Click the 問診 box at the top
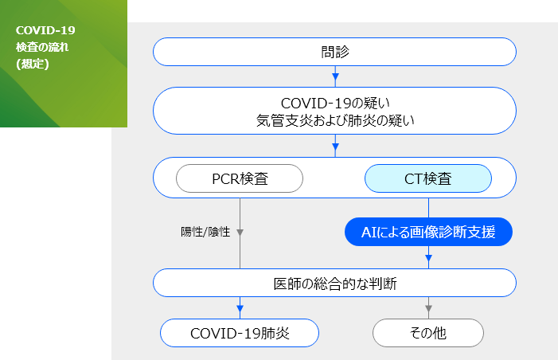click(x=334, y=52)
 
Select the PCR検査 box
click(x=240, y=178)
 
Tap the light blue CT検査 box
click(x=428, y=178)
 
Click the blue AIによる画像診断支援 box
click(x=428, y=232)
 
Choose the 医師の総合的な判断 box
click(x=334, y=283)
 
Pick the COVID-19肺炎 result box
click(x=240, y=333)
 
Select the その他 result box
click(x=428, y=333)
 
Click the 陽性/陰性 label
click(x=205, y=232)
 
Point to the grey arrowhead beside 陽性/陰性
click(x=240, y=233)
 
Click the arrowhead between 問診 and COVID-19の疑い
click(x=335, y=76)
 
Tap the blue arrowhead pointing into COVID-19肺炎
click(x=240, y=309)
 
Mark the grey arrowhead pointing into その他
click(x=428, y=309)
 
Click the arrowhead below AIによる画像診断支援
click(x=428, y=259)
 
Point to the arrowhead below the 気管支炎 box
click(x=335, y=147)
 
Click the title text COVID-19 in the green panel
click(x=45, y=30)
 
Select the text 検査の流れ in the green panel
click(x=42, y=47)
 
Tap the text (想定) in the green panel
click(x=33, y=64)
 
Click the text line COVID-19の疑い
click(x=335, y=104)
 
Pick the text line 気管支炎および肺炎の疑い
click(x=335, y=120)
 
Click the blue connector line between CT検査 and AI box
click(x=428, y=208)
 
